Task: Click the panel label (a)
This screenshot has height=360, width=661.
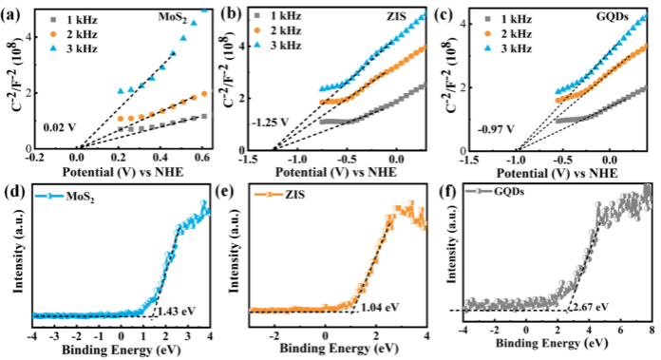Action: tap(12, 10)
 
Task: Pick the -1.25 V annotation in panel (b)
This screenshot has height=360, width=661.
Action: tap(270, 123)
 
